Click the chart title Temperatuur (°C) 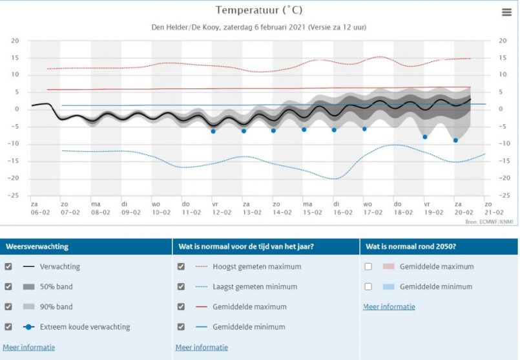[258, 10]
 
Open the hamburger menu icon [506, 12]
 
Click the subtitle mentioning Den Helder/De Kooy [258, 27]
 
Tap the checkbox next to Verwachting [8, 266]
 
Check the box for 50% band [8, 286]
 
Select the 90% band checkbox [8, 306]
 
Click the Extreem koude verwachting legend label [85, 326]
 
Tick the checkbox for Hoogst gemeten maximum [181, 266]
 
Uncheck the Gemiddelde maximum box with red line [181, 306]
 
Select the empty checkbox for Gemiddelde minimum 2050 [368, 286]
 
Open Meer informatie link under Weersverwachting [28, 347]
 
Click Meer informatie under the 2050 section [389, 306]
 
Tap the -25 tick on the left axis [15, 195]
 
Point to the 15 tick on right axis [503, 58]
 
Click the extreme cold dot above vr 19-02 [425, 136]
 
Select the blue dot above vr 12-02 [213, 131]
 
